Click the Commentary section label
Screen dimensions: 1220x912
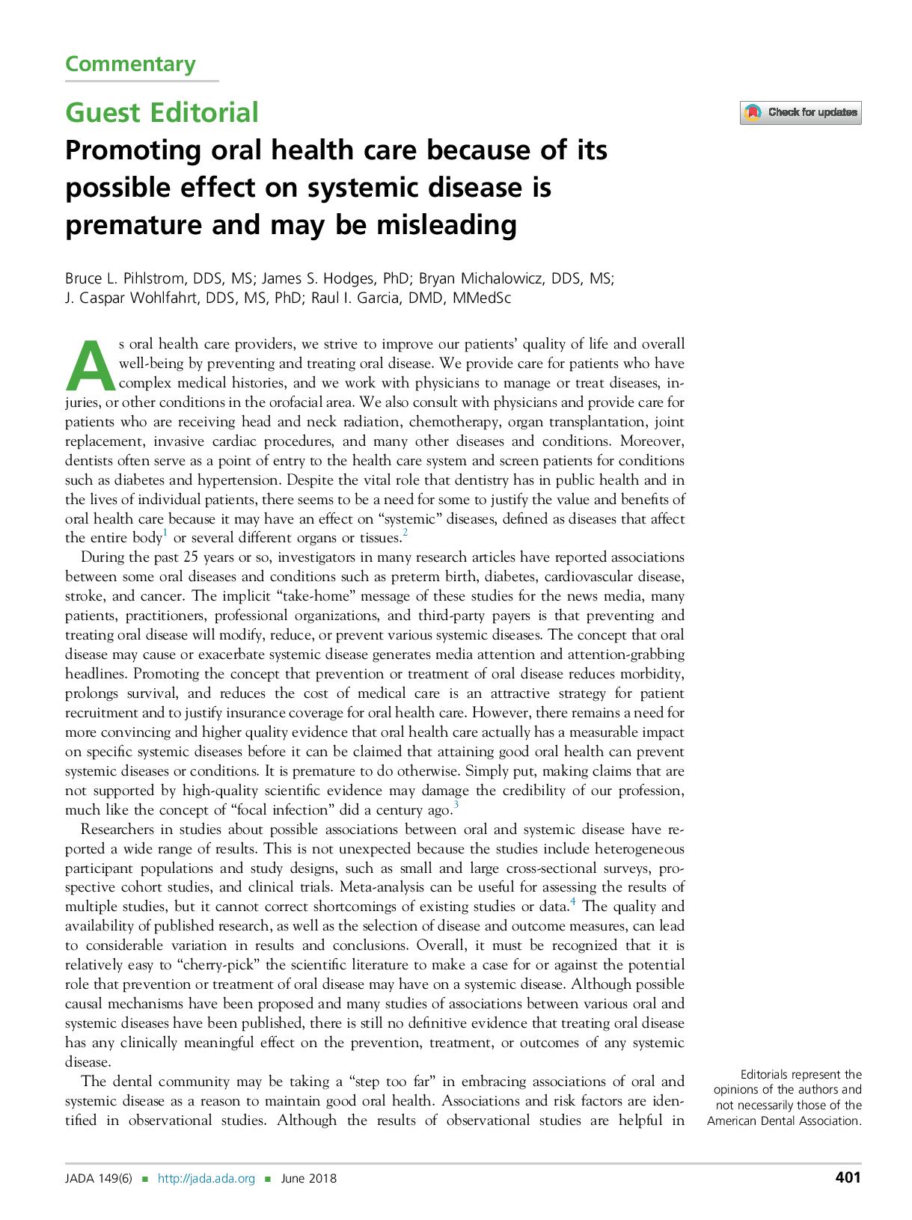[130, 64]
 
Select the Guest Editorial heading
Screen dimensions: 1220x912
[162, 112]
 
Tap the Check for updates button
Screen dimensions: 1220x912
[801, 113]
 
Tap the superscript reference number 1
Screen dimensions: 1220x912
[165, 533]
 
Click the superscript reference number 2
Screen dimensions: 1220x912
[405, 533]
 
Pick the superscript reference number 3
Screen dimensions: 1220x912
[456, 805]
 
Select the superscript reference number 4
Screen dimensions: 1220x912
[573, 902]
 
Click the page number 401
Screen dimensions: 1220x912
[848, 1178]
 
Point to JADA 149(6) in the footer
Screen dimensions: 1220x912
[98, 1179]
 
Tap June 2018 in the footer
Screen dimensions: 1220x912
[308, 1179]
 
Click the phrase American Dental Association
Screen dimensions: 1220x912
[784, 1121]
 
